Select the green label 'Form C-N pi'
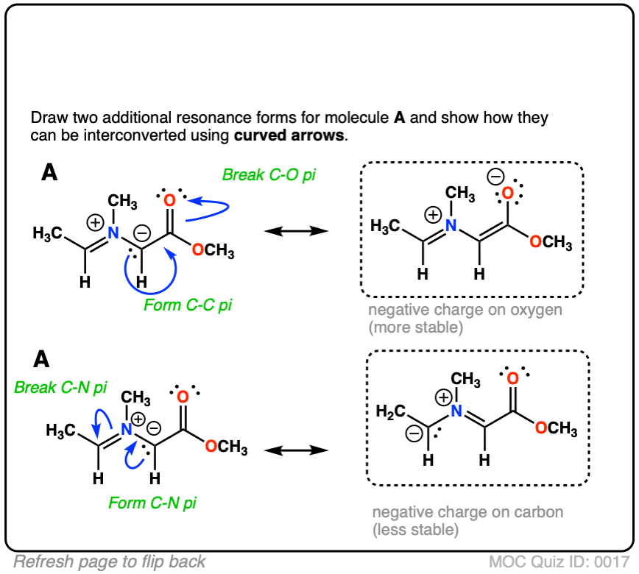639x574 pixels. pos(152,503)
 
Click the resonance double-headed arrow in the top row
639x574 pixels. pos(295,231)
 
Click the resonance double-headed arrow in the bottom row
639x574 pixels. pos(295,448)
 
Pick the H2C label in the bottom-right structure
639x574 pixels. pos(390,408)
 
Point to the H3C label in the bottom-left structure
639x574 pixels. pos(60,428)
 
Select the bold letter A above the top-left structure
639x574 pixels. pos(49,174)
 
